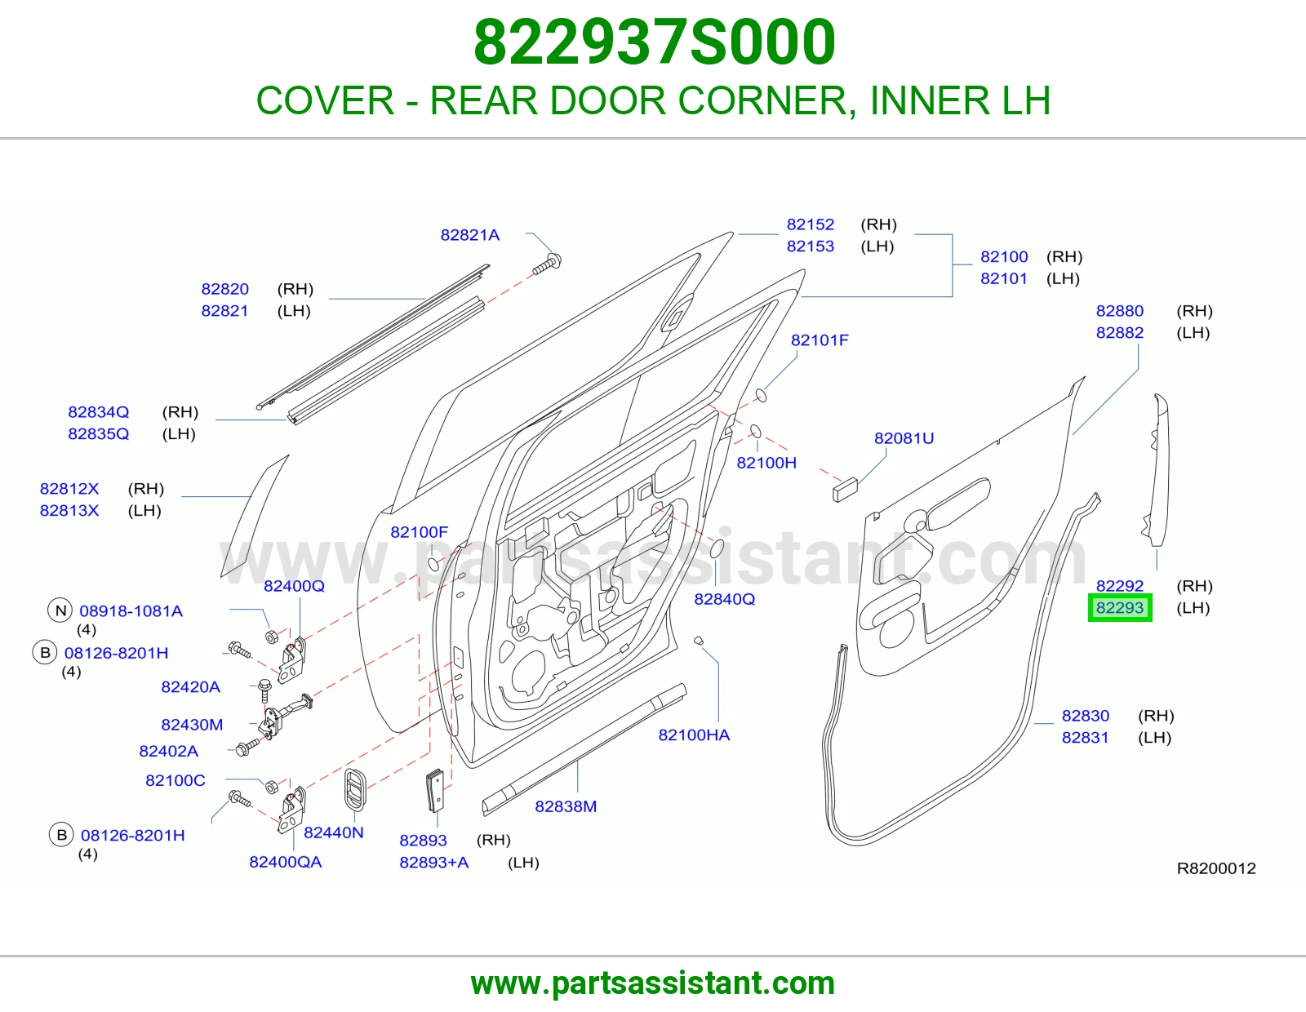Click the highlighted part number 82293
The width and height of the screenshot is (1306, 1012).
1120,607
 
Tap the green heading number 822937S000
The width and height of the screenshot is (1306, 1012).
654,42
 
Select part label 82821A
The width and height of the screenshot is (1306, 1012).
470,235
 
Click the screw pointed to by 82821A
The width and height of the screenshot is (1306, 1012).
548,264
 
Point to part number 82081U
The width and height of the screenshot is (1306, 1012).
904,438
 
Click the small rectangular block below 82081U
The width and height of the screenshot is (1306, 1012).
845,489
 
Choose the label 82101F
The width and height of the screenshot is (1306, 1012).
820,340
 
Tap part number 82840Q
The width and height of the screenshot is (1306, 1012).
724,599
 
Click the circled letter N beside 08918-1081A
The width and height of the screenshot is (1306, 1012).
60,610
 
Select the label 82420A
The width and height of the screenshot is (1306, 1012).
190,687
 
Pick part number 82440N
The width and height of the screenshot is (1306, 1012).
334,832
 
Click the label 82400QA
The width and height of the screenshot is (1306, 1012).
286,862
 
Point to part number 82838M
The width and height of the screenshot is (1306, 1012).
566,806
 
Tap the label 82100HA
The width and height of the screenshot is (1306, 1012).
694,735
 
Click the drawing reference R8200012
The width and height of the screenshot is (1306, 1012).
1216,868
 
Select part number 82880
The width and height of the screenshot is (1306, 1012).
1120,311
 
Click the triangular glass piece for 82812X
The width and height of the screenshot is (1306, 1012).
254,517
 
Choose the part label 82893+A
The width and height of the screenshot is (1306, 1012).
434,863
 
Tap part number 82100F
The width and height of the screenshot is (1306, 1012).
419,532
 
